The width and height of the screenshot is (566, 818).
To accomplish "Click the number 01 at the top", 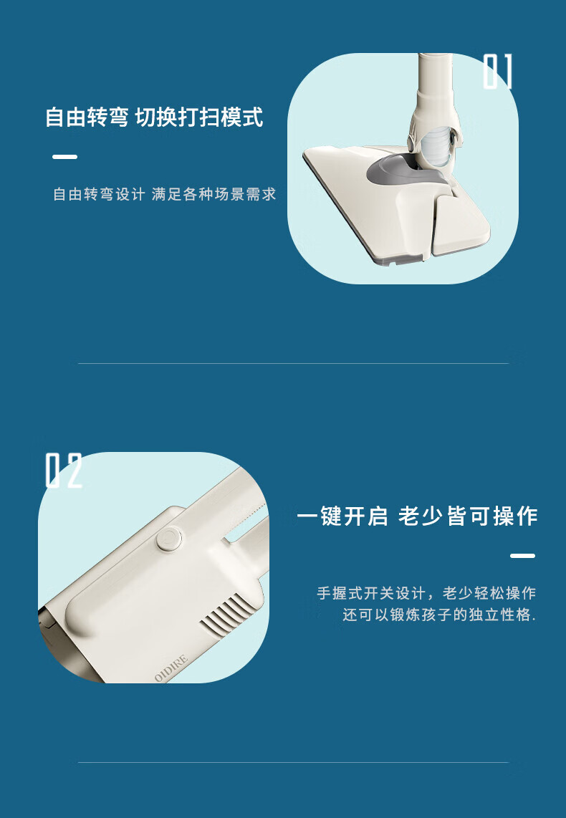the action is click(498, 72).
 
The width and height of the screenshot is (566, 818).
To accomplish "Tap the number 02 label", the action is click(64, 471).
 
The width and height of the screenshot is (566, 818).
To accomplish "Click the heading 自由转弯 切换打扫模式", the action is click(154, 117).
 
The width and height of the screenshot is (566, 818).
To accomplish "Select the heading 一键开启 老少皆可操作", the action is click(417, 516).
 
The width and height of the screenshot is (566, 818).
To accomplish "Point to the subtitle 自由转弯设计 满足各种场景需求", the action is click(165, 195).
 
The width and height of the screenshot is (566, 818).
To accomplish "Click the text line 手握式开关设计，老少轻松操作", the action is click(426, 593).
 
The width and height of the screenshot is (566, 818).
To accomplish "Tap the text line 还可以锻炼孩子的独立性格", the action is click(439, 615).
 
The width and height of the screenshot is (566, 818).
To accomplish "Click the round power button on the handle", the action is click(169, 539).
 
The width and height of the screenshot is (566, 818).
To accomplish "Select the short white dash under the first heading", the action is click(64, 156).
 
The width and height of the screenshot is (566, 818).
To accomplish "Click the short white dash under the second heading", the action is click(523, 556).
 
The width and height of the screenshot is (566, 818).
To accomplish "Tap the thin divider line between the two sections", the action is click(293, 363).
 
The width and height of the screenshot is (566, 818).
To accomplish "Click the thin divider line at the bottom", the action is click(293, 762).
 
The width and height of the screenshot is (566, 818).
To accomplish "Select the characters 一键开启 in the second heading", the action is click(342, 516).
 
